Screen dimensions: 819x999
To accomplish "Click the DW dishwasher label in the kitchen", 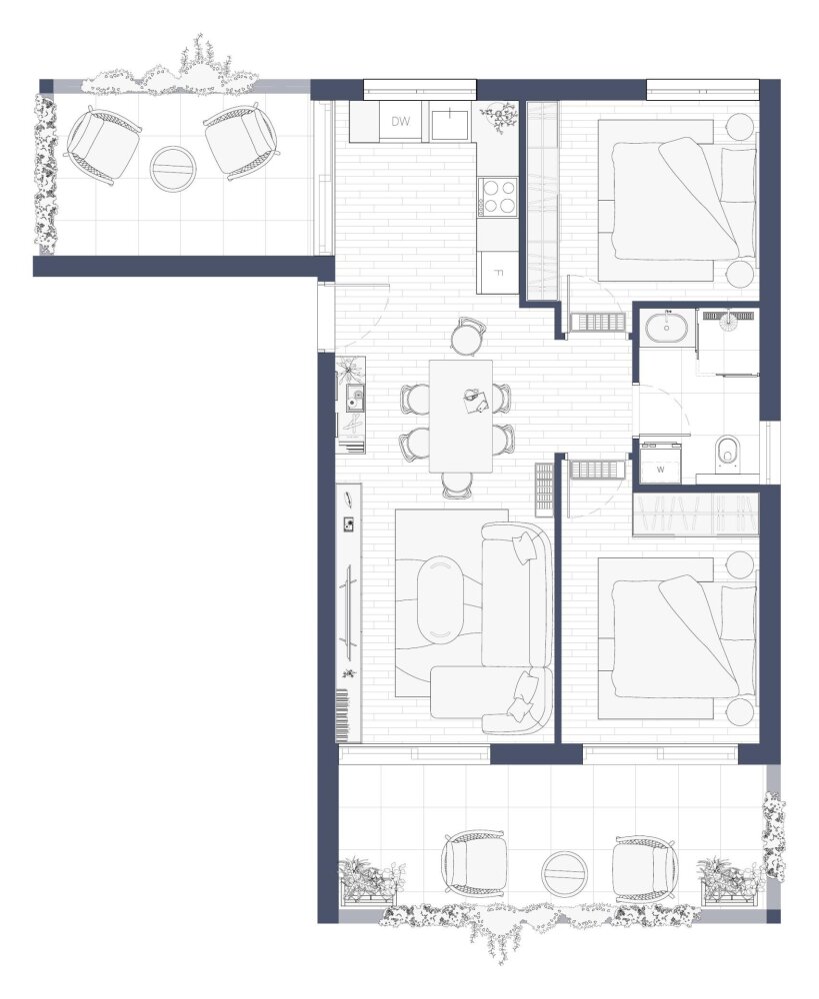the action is [x=401, y=121].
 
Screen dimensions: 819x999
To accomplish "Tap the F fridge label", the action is [x=499, y=274].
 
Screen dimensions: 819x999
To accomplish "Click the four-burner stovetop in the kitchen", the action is [x=498, y=196].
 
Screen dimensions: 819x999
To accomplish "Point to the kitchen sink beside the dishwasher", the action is [x=450, y=121].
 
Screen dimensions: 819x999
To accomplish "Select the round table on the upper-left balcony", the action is [x=172, y=168].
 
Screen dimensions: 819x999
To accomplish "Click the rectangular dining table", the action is [x=461, y=416].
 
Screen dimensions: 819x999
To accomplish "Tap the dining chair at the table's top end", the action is [x=468, y=336].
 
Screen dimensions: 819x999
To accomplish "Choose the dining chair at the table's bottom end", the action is [x=456, y=486].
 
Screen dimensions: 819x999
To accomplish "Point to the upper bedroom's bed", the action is [x=675, y=201].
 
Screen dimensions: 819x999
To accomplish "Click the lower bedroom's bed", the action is [x=675, y=639].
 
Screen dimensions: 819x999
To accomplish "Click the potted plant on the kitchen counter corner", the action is [x=499, y=117].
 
